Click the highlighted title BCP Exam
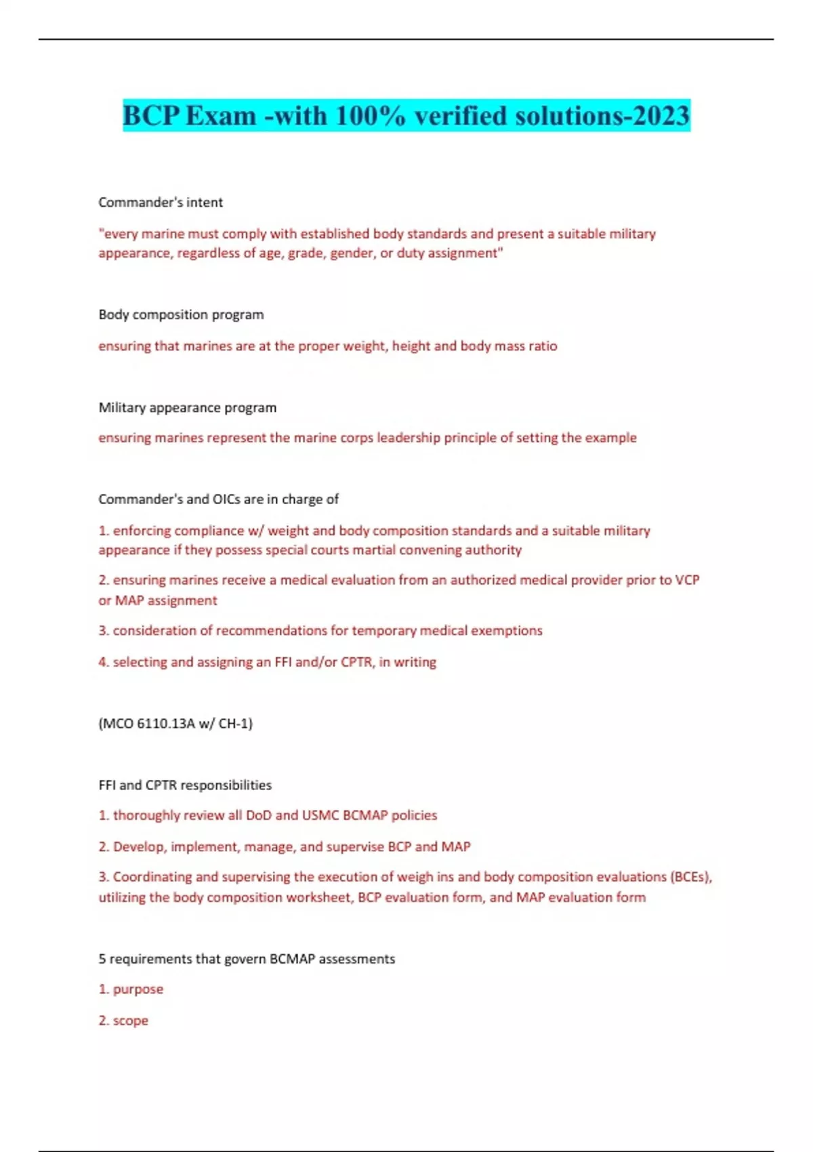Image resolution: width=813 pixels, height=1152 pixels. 406,115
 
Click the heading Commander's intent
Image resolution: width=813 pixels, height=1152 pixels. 161,202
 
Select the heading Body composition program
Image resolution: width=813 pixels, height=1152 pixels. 181,314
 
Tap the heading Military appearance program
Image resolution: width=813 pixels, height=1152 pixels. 187,407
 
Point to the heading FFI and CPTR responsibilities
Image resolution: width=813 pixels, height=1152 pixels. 185,785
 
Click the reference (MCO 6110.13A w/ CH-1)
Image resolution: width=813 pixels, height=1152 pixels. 175,723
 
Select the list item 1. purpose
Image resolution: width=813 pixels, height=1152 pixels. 131,989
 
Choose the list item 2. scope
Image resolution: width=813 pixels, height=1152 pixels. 123,1020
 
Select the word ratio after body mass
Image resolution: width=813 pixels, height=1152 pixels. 543,346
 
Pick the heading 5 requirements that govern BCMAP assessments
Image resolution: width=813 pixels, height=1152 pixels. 247,958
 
